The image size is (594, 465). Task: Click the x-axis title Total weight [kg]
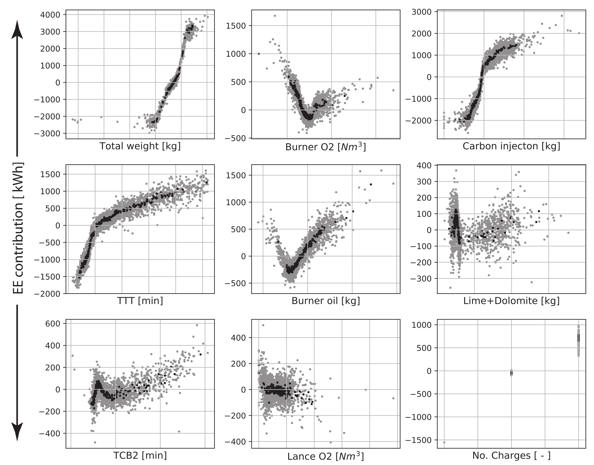point(140,146)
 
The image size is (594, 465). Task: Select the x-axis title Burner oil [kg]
point(326,301)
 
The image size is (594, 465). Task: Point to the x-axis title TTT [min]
point(140,301)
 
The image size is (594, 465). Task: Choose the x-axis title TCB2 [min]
point(140,456)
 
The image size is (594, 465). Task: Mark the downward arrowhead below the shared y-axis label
point(17,431)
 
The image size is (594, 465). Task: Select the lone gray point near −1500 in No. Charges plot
point(444,442)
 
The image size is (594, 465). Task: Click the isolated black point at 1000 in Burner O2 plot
point(259,54)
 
